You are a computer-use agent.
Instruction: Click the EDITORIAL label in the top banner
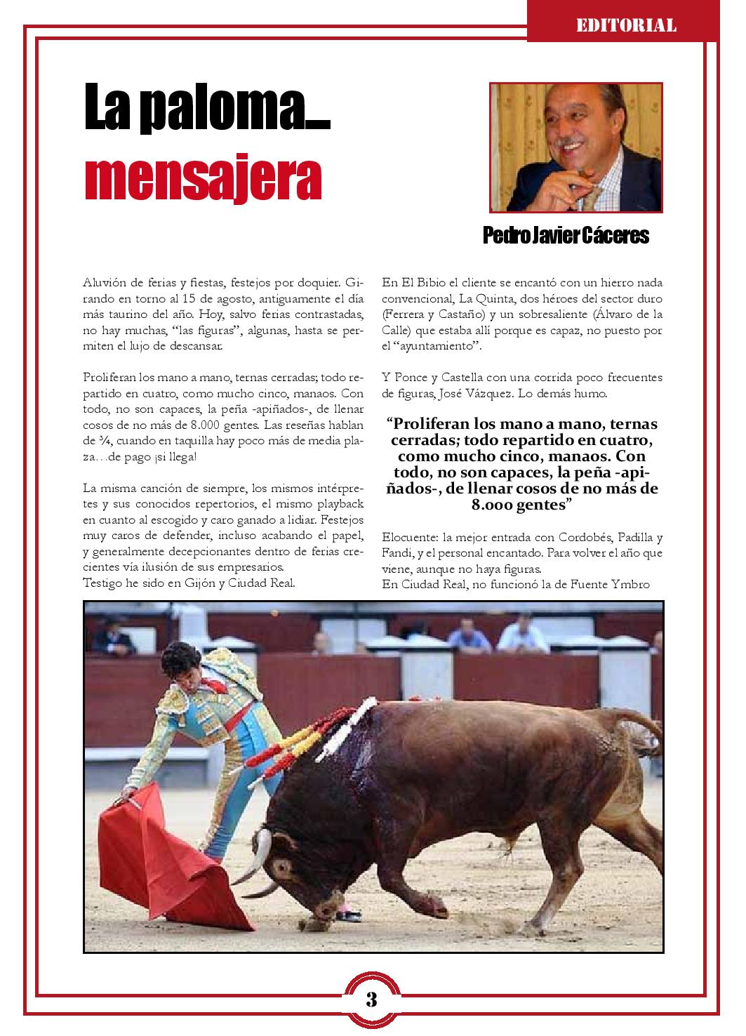pyautogui.click(x=626, y=26)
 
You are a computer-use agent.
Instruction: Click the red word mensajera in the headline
pyautogui.click(x=203, y=180)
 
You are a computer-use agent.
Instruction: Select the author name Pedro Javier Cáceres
pyautogui.click(x=566, y=236)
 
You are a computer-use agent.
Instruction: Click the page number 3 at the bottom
pyautogui.click(x=371, y=999)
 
